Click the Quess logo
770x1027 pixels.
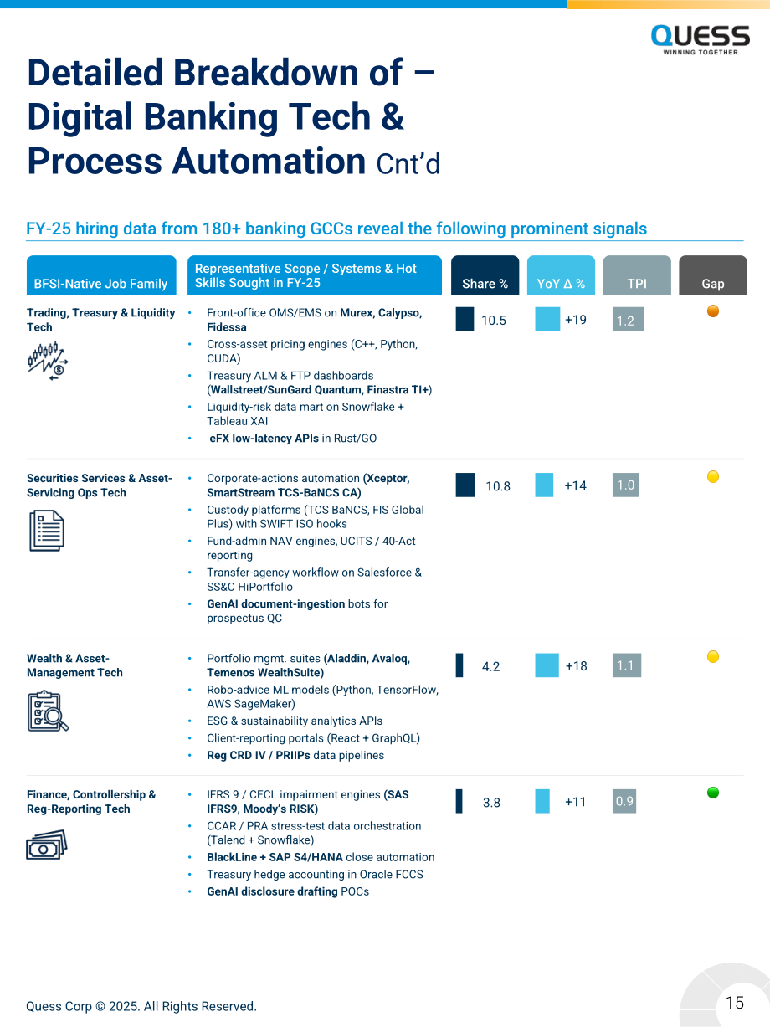pos(700,40)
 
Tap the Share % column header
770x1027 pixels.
pos(485,275)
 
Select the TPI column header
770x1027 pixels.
pos(637,275)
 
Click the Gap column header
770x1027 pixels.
pos(712,275)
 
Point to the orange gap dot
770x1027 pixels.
pos(712,311)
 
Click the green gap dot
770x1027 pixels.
pos(712,793)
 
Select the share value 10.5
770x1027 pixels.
pos(494,321)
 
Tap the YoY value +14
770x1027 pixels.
pos(575,485)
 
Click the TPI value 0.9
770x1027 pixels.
pos(624,801)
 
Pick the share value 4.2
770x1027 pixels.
pos(490,666)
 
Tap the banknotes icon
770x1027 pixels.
pos(47,845)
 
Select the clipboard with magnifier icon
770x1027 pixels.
pos(48,711)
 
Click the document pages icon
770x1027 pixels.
pos(47,531)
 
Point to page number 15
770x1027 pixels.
pos(735,1003)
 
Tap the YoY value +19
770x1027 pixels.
pos(575,320)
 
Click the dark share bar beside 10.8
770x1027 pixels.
pos(465,485)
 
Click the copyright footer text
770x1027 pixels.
pos(141,1006)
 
